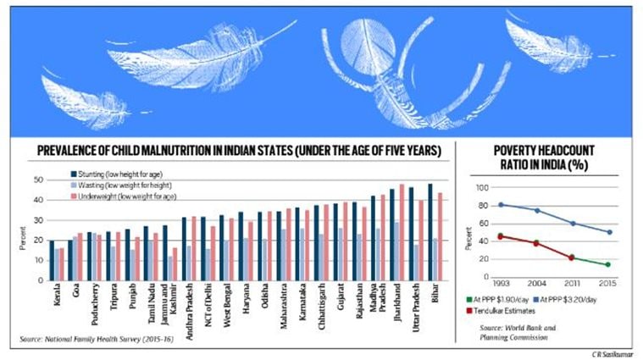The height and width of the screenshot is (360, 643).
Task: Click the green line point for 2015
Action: pyautogui.click(x=607, y=264)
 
